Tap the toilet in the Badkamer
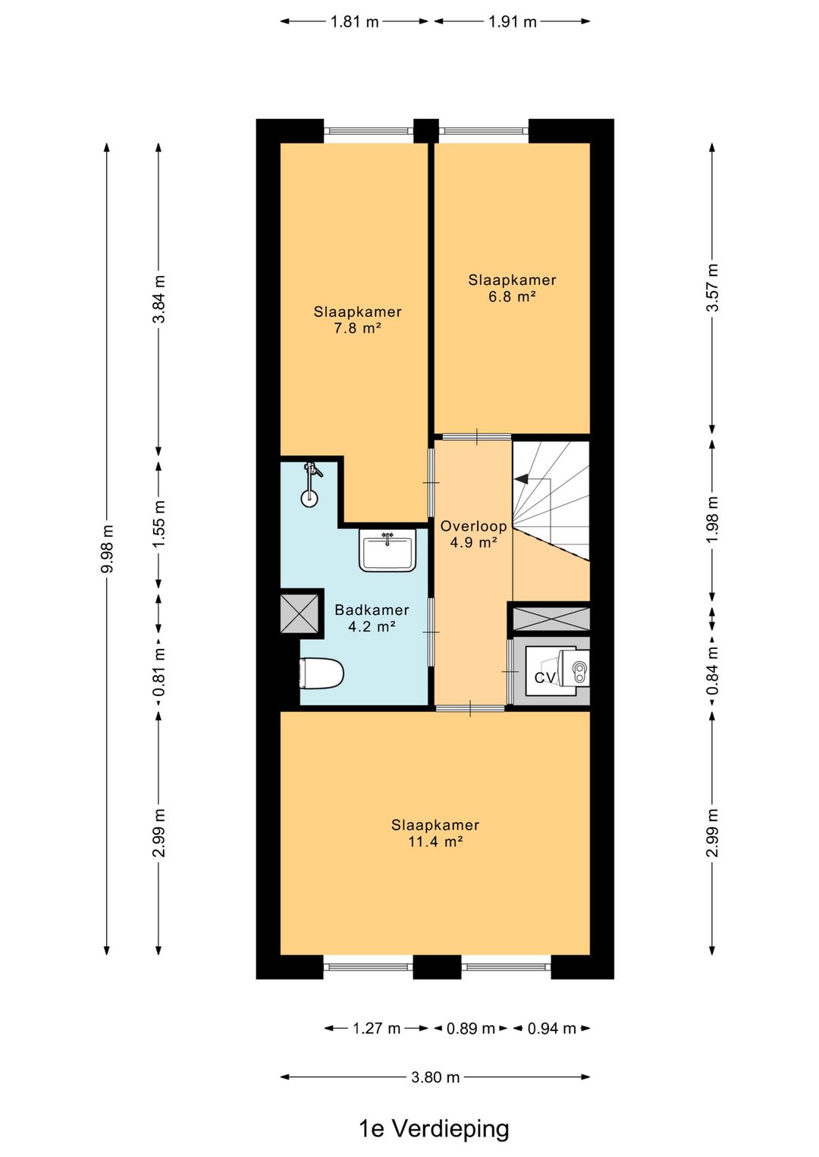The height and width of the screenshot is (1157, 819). click(322, 673)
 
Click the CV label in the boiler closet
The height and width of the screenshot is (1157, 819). click(545, 677)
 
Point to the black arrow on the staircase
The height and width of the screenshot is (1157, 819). click(521, 479)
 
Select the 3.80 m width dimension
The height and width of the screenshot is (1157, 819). click(435, 1077)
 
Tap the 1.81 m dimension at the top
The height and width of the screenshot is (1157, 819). click(354, 22)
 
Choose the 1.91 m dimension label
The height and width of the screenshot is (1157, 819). click(513, 22)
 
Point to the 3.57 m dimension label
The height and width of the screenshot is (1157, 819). click(713, 287)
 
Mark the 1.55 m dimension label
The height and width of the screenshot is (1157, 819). click(159, 524)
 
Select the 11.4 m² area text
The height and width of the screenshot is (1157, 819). click(435, 841)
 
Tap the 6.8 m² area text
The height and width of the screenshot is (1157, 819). click(512, 296)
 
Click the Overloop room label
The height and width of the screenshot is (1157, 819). click(473, 526)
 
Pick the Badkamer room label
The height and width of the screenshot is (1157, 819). click(372, 610)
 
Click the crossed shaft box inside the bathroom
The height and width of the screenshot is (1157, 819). click(300, 613)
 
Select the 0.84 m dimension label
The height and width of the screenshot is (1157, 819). click(713, 670)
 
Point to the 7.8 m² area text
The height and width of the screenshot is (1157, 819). click(358, 328)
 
